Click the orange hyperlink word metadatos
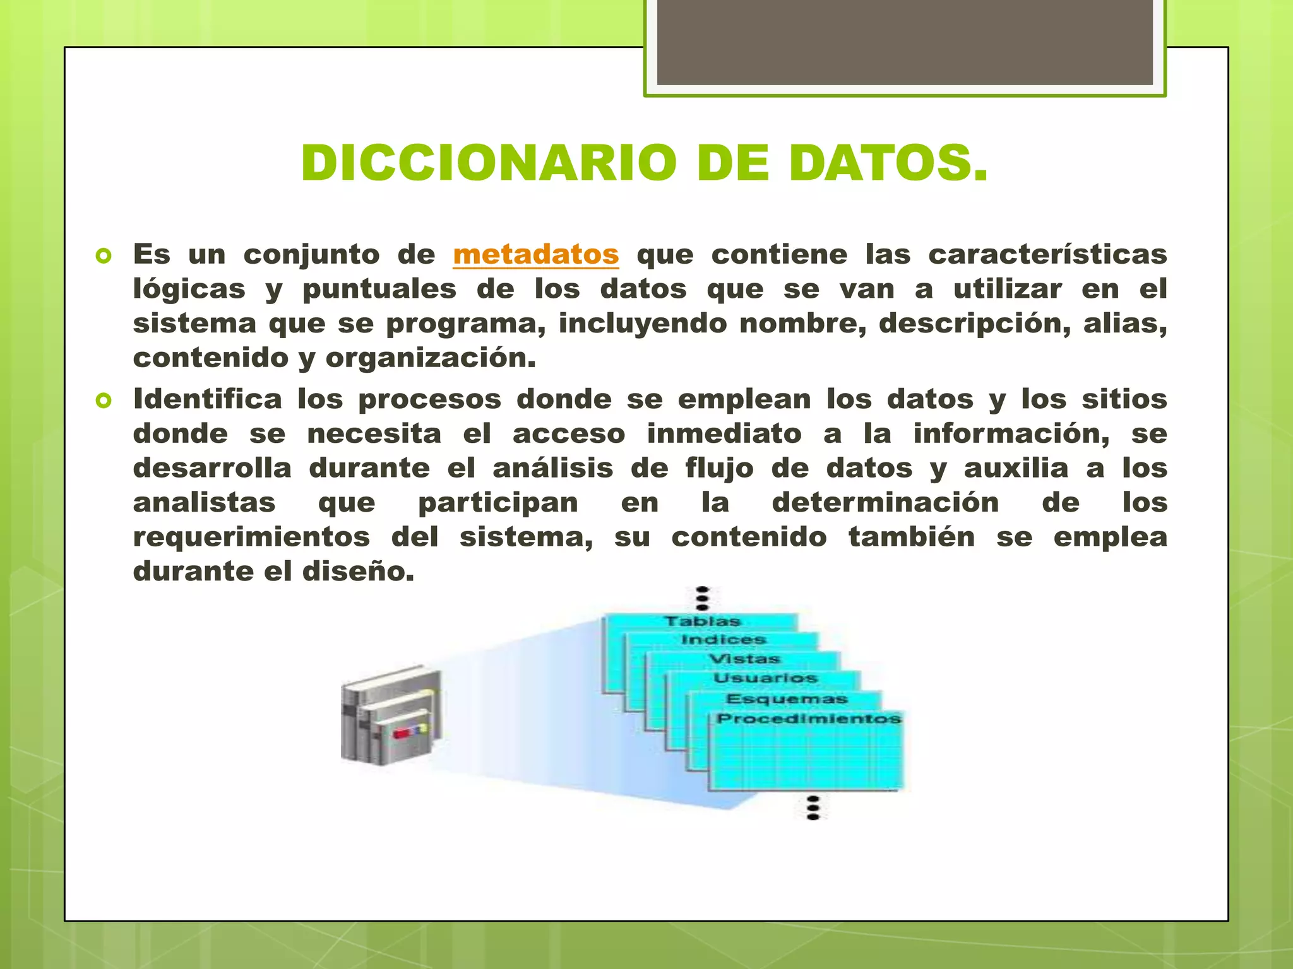pyautogui.click(x=535, y=255)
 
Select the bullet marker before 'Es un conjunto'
pyautogui.click(x=104, y=256)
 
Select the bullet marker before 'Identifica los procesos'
pyautogui.click(x=104, y=401)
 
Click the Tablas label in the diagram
pyautogui.click(x=702, y=621)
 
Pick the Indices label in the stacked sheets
pyautogui.click(x=724, y=640)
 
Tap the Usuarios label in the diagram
pyautogui.click(x=766, y=678)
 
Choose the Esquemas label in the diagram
pyautogui.click(x=787, y=699)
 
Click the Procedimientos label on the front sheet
pyautogui.click(x=809, y=719)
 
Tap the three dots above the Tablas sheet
pyautogui.click(x=702, y=598)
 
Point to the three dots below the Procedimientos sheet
pyautogui.click(x=813, y=807)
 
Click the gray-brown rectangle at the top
pyautogui.click(x=905, y=42)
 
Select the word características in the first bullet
pyautogui.click(x=1047, y=255)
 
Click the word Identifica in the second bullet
pyautogui.click(x=207, y=399)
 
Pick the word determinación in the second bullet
pyautogui.click(x=885, y=503)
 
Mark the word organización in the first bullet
pyautogui.click(x=431, y=358)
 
